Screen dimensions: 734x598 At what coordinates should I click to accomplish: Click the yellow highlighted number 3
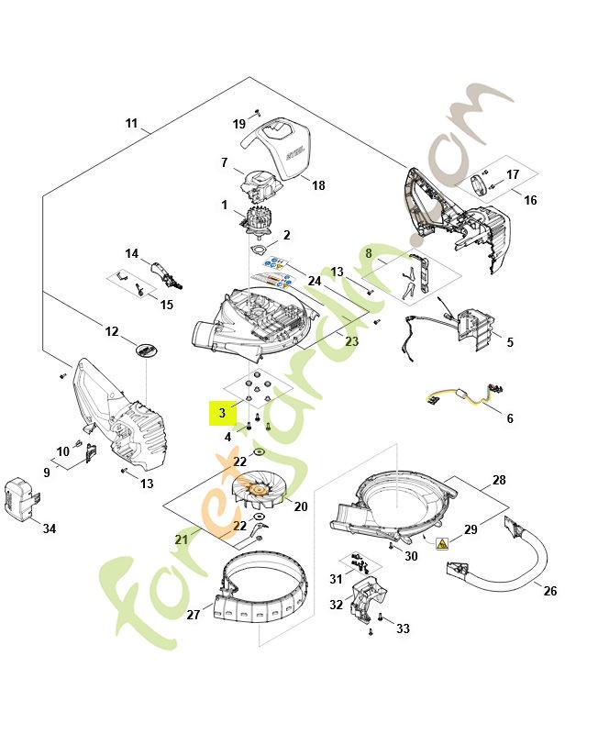point(222,414)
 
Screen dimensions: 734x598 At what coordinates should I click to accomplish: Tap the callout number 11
point(131,123)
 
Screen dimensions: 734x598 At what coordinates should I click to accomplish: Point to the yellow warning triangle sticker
point(443,544)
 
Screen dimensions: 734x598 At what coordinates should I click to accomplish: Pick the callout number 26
point(549,591)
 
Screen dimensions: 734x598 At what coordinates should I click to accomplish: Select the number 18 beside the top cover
point(318,185)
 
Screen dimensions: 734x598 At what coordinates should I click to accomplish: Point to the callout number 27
point(194,615)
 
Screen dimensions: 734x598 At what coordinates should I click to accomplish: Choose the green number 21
point(182,539)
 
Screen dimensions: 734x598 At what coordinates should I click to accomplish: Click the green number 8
point(369,252)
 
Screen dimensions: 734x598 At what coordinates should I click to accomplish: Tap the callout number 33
point(403,628)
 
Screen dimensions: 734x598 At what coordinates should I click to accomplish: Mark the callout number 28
point(499,481)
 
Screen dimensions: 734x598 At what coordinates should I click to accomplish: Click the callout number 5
point(510,343)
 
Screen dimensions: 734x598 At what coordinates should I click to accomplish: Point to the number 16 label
point(530,200)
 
